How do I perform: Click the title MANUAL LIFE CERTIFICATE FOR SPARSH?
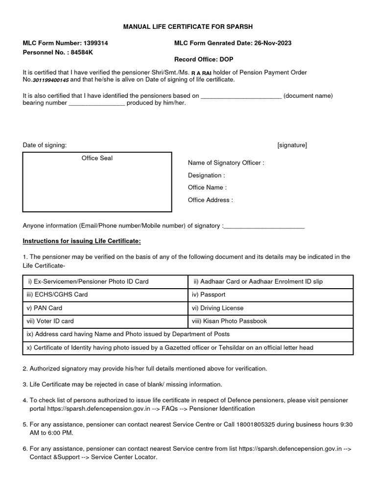[188, 26]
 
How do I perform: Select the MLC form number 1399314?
[97, 43]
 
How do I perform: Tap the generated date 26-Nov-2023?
[273, 43]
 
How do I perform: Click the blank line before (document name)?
[241, 96]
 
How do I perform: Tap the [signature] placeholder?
[292, 145]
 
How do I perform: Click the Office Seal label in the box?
[97, 159]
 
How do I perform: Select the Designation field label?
[206, 175]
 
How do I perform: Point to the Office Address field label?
[210, 200]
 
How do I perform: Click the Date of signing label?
[45, 145]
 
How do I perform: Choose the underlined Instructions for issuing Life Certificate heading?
[82, 241]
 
